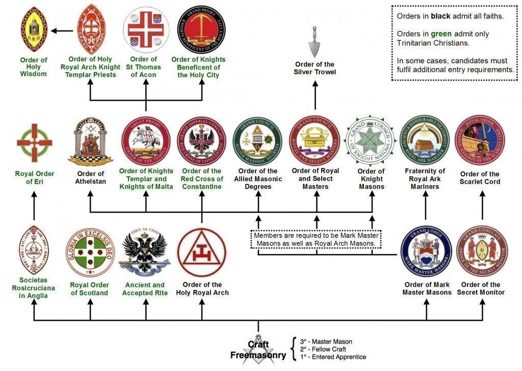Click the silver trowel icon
[x=315, y=46]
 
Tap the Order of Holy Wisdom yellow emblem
[x=34, y=30]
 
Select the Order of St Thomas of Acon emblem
[x=146, y=29]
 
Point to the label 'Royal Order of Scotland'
[x=90, y=289]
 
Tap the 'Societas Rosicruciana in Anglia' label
[x=34, y=288]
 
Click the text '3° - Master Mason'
[x=326, y=341]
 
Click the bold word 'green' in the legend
[x=441, y=34]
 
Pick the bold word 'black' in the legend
[x=440, y=16]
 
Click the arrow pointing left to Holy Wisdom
[x=62, y=31]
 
